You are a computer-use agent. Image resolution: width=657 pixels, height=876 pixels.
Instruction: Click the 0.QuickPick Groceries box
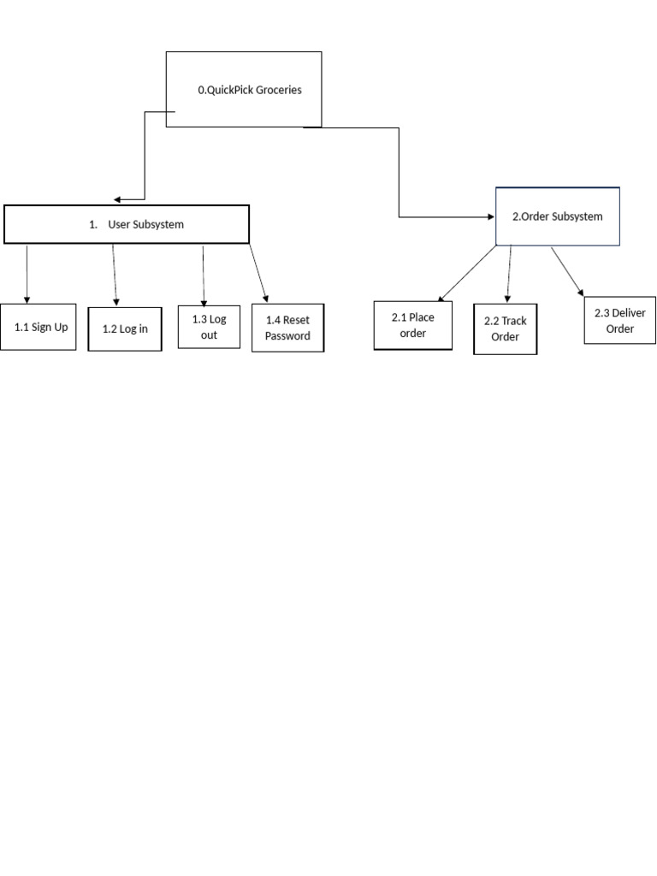tap(244, 89)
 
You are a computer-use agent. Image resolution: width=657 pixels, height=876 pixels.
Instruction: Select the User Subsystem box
tap(127, 224)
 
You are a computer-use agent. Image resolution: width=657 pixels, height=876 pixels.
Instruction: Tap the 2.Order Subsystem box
tap(558, 216)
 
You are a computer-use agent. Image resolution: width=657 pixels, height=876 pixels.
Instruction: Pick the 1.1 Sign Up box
tap(38, 327)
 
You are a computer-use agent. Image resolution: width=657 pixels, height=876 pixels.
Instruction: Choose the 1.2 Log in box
tap(125, 328)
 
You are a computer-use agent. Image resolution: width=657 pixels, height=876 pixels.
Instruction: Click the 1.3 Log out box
tap(209, 327)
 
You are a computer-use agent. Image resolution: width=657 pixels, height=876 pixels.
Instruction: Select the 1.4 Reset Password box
tap(287, 328)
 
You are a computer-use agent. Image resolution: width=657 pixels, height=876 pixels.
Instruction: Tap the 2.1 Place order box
tap(412, 325)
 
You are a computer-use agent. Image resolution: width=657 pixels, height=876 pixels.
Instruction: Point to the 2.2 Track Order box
tap(505, 328)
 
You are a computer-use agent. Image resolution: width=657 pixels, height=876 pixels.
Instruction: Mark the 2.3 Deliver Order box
tap(619, 320)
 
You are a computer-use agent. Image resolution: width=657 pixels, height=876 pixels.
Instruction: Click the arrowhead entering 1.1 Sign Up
tap(27, 299)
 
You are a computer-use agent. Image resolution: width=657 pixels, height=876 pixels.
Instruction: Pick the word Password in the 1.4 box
tap(287, 336)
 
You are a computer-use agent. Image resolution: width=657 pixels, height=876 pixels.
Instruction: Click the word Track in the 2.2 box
tap(513, 321)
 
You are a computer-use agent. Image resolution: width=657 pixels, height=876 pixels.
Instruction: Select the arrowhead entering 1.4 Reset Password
tap(267, 299)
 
